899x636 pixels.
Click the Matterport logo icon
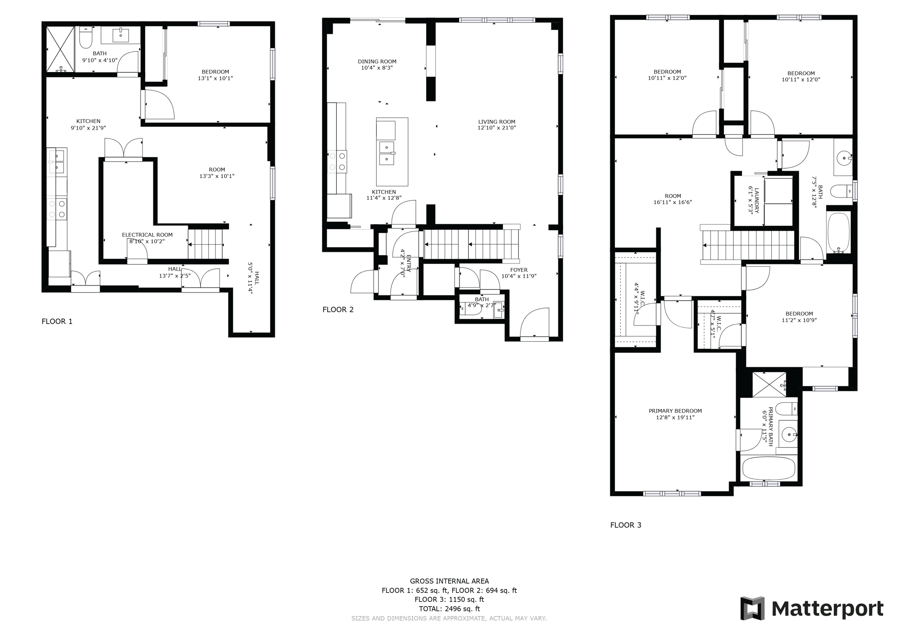(752, 608)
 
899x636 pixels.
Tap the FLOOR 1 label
(57, 322)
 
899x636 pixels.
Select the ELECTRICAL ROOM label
(147, 235)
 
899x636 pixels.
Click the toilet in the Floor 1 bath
(86, 38)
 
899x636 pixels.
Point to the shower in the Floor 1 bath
(61, 49)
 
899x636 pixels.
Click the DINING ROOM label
(377, 61)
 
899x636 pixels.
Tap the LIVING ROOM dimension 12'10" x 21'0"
(496, 128)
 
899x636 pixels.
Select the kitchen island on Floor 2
(392, 152)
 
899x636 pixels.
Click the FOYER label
(519, 270)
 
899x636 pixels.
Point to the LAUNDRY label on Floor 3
(750, 199)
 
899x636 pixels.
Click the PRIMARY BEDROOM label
(675, 411)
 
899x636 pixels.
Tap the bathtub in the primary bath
(769, 468)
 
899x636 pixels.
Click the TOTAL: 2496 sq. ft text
(449, 609)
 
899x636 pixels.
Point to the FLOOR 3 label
(626, 525)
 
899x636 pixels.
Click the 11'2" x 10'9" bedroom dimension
(799, 320)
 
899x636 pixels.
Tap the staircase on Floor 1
(205, 244)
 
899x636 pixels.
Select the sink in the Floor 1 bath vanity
(121, 34)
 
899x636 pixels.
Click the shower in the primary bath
(769, 384)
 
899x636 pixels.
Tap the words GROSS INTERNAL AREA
(449, 581)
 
